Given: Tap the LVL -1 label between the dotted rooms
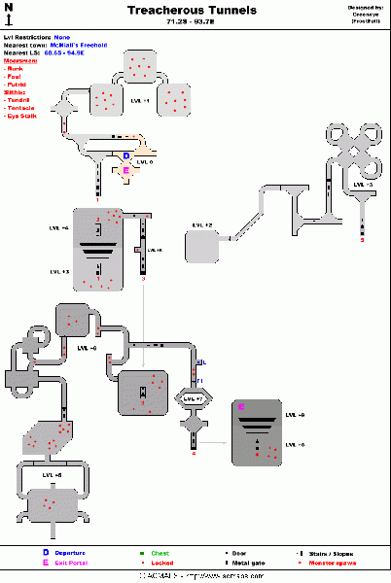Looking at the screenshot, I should tap(140, 99).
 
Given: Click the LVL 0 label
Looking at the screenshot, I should tap(144, 161).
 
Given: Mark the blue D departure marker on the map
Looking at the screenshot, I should tap(125, 154).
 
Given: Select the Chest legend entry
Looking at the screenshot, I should tap(160, 552).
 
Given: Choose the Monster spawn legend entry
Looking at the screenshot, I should tap(333, 563).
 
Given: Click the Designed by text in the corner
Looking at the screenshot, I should tap(366, 7).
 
